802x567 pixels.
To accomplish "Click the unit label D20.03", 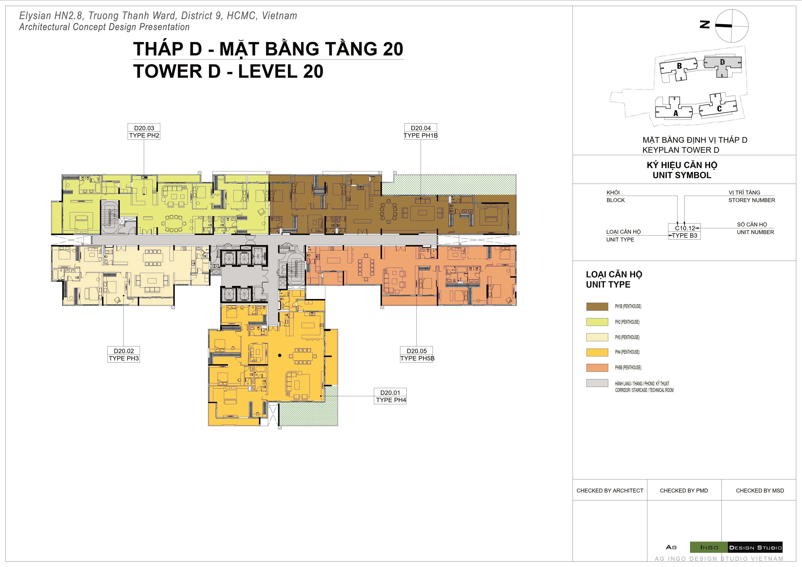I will pos(144,128).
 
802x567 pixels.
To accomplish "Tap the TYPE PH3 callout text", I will pos(124,358).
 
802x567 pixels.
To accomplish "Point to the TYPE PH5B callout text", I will pos(417,358).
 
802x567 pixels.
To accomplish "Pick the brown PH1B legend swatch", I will pos(597,307).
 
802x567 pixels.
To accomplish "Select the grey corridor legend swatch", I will pos(597,383).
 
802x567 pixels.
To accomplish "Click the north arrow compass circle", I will pos(732,26).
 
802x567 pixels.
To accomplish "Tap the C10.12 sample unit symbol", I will pos(685,228).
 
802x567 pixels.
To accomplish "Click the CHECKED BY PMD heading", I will pos(684,491).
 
